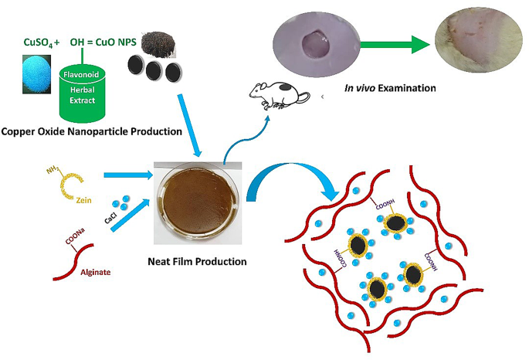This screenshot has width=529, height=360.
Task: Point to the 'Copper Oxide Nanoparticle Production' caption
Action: [x=91, y=131]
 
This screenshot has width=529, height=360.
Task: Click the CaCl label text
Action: [x=110, y=221]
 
